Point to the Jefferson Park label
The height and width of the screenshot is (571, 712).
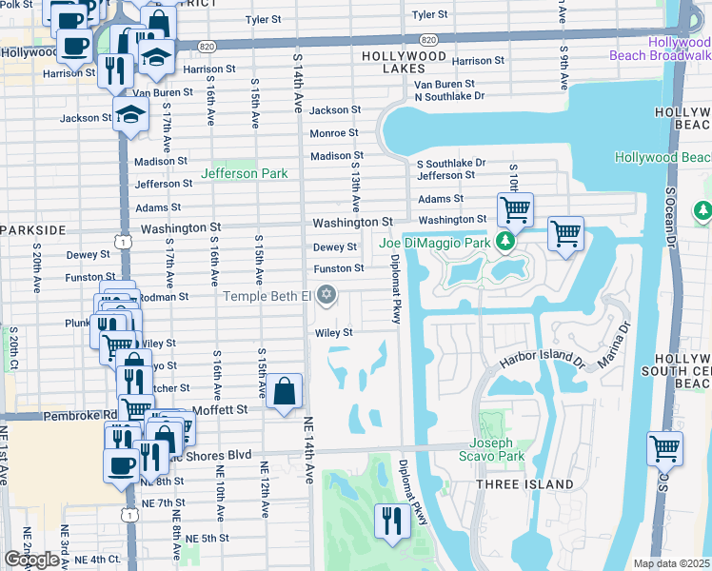click(244, 173)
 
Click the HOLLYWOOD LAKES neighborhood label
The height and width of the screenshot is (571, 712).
click(404, 56)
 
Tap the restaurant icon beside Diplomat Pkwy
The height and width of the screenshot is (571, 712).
click(391, 521)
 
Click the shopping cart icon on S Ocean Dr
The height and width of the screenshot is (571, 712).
click(663, 447)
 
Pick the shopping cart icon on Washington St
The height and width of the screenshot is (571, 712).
click(515, 208)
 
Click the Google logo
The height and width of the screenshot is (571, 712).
click(30, 560)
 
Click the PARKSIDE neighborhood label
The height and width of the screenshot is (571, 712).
click(32, 230)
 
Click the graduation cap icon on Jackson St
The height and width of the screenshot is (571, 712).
click(129, 116)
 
